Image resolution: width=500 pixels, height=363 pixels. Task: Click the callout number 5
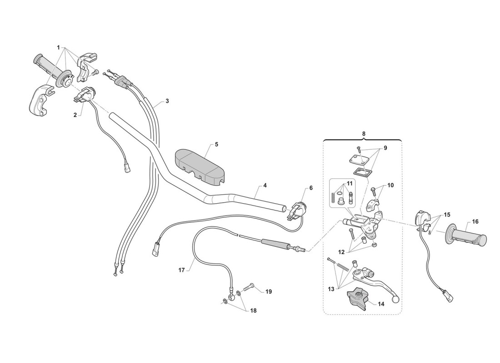(216, 144)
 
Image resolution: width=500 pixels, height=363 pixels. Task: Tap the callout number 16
(475, 222)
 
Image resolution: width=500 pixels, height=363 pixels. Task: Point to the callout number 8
(363, 134)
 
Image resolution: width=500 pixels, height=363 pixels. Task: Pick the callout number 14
(381, 304)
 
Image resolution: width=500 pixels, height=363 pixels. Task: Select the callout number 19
(269, 291)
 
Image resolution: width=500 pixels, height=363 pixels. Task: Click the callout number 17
(181, 270)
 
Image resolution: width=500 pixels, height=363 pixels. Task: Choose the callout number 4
(265, 186)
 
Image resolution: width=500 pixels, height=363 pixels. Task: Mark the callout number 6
(311, 187)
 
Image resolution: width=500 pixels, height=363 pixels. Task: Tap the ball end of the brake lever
(395, 299)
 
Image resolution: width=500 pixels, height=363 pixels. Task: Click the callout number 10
(391, 186)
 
